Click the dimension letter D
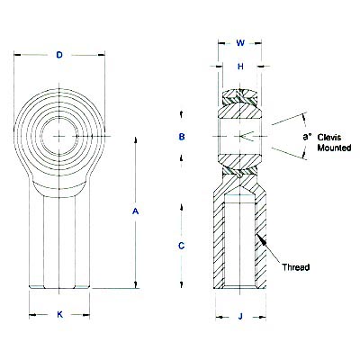(58, 55)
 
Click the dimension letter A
(136, 211)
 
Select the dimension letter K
(59, 314)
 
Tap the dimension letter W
(239, 41)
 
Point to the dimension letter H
(239, 66)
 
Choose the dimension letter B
(183, 137)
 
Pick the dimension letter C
(183, 245)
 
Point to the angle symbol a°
(309, 137)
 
